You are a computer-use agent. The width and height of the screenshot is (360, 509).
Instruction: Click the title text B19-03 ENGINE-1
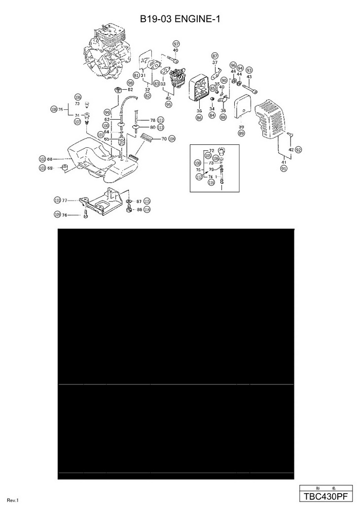(x=180, y=19)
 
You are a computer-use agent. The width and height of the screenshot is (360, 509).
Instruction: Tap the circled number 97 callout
(x=176, y=44)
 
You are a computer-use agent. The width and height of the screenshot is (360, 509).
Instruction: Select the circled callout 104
(x=172, y=139)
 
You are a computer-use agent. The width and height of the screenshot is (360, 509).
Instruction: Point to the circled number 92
(x=298, y=149)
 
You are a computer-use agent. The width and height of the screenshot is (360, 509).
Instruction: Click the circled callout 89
(x=241, y=134)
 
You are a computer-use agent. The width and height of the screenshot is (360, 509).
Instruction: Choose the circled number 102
(x=42, y=159)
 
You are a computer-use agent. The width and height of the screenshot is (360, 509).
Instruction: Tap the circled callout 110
(x=57, y=200)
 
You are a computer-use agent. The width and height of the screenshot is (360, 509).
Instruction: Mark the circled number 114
(x=147, y=209)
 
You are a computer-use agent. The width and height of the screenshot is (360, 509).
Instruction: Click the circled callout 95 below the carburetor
(x=169, y=104)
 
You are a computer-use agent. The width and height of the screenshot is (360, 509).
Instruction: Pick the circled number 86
(x=199, y=118)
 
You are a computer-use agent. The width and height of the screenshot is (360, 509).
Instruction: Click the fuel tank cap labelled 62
(x=118, y=90)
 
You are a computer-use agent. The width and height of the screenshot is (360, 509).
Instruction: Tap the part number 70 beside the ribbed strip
(x=164, y=139)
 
